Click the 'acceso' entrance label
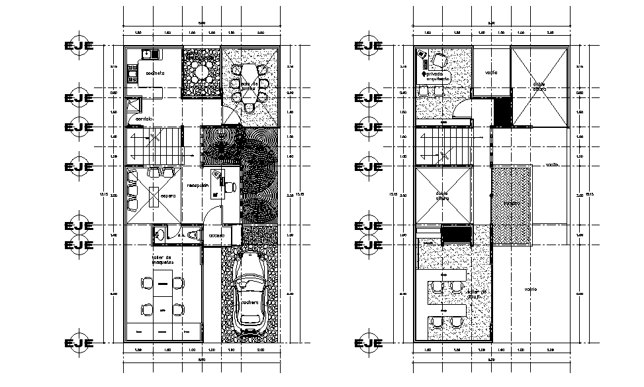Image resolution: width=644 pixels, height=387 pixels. (216, 235)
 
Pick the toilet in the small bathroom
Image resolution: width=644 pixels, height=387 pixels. (193, 234)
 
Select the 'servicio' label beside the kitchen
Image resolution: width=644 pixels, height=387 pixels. (145, 119)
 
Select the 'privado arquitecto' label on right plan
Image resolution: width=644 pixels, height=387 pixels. (439, 76)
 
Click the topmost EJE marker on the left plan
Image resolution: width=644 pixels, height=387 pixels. (79, 45)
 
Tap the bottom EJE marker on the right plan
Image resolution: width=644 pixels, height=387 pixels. (369, 343)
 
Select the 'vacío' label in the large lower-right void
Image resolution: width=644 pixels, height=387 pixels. (531, 289)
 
